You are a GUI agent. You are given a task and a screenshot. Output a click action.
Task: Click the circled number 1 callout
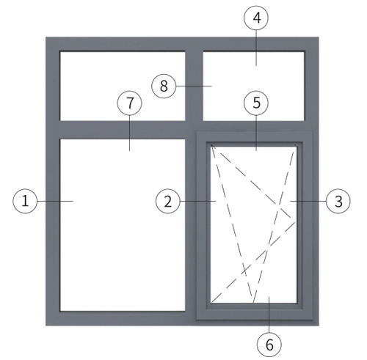coord(25,201)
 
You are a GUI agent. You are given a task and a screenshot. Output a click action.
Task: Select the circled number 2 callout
coord(168,202)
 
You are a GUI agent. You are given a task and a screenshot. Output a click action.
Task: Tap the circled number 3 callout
coord(338,201)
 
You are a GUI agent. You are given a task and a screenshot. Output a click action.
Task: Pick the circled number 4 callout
coord(256,18)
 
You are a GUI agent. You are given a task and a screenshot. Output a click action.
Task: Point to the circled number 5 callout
coord(256,103)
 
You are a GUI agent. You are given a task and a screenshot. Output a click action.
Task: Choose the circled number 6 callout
coord(269,345)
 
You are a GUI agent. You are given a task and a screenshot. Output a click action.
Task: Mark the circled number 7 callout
coord(129,103)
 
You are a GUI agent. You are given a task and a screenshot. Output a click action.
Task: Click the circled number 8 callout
coord(164,86)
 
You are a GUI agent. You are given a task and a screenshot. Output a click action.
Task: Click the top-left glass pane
coord(123,86)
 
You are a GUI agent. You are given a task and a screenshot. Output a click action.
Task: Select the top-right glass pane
coord(254,86)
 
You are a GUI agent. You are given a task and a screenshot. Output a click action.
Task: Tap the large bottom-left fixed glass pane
coord(123,225)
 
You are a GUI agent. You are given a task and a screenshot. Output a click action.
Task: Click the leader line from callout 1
coord(55,201)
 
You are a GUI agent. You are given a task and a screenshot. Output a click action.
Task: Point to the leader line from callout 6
coord(269,315)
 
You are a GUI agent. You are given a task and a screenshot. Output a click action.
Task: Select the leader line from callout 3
coord(308,201)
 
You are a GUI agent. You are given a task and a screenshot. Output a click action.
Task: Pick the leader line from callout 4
coord(256,48)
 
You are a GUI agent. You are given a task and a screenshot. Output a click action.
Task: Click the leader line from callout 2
coord(198,201)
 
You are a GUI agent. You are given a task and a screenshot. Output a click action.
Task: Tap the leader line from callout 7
coord(129,133)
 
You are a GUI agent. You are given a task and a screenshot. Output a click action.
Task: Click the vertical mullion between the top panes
coord(195,86)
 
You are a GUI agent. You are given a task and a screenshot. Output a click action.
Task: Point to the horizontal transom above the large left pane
coord(123,130)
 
